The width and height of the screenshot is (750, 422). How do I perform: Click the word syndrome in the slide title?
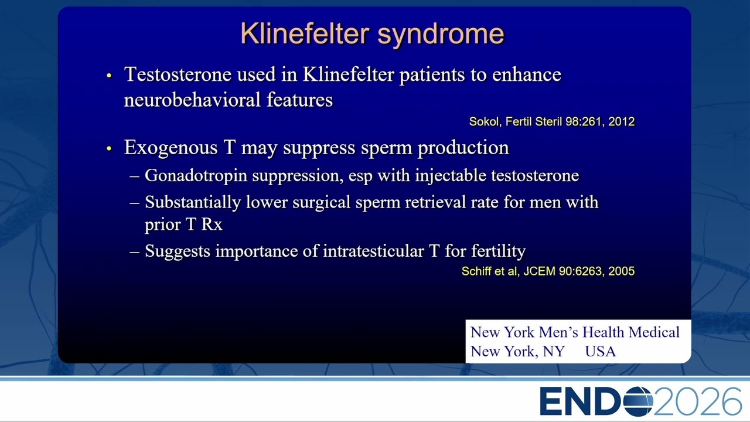441,35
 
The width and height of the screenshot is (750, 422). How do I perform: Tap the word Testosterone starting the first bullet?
178,74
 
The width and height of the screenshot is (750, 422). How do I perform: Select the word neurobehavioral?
192,100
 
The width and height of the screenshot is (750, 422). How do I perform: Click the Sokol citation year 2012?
622,121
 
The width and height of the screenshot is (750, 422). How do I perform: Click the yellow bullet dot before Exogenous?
109,148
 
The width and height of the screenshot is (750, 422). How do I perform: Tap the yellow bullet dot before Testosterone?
109,76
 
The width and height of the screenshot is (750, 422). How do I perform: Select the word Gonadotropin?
196,176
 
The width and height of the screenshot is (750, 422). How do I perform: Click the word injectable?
451,176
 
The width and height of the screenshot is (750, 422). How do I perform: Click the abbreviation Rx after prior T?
212,224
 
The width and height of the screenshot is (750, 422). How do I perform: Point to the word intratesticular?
373,251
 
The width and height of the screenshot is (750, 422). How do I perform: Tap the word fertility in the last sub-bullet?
499,251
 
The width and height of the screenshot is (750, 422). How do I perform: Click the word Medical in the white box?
654,332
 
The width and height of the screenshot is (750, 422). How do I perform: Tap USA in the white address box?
601,351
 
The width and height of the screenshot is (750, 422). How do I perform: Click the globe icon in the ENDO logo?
638,401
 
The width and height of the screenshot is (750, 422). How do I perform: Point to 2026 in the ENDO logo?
697,401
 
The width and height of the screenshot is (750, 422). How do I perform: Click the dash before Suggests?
134,251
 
